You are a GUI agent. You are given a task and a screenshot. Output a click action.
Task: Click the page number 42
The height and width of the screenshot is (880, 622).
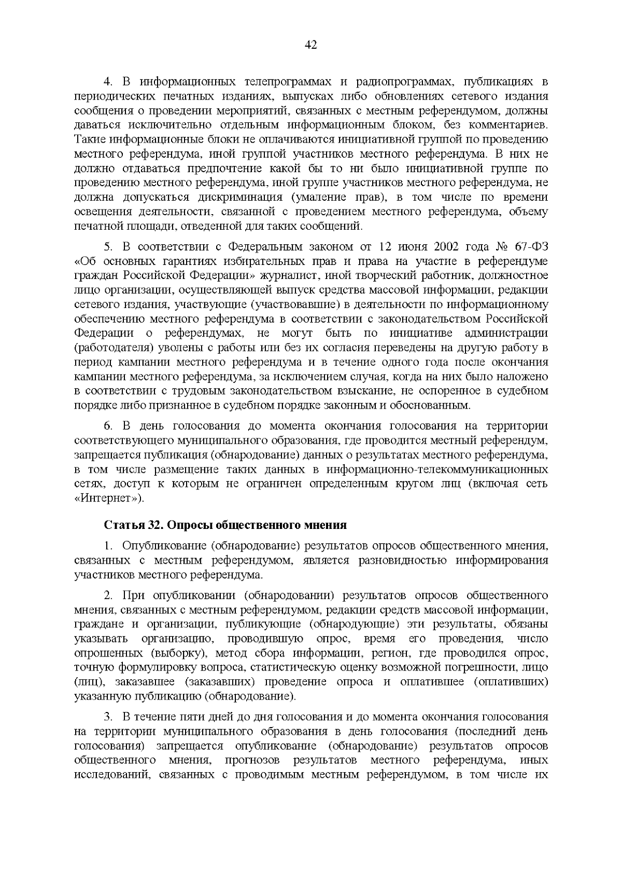click(311, 45)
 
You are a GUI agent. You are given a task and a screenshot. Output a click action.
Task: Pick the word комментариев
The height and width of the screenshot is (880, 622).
click(505, 125)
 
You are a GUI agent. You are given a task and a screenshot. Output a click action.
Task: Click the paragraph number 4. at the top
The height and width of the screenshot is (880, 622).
click(108, 82)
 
